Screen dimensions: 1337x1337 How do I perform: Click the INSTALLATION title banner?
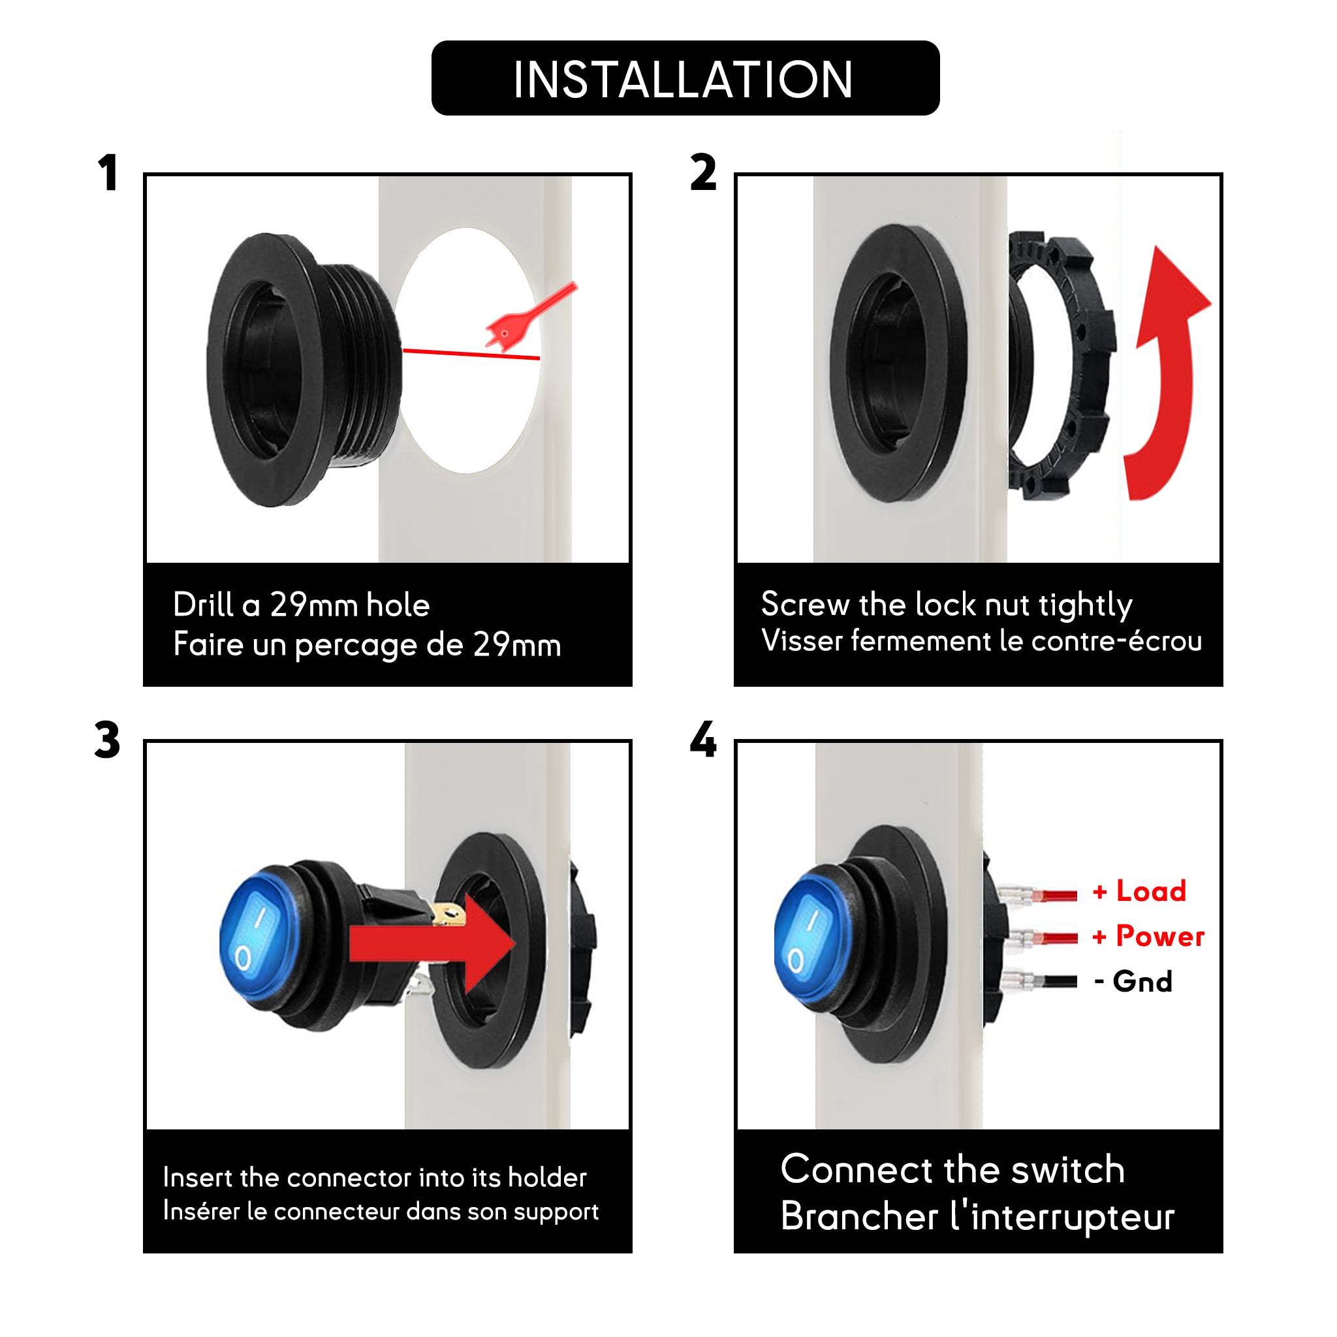tap(685, 78)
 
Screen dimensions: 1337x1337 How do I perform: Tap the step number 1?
tap(108, 172)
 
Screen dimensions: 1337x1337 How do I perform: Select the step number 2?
tap(703, 172)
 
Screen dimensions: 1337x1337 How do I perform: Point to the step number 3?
tap(107, 740)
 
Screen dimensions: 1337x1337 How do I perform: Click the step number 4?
tap(703, 740)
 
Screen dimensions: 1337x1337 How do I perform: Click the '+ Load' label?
tap(1139, 890)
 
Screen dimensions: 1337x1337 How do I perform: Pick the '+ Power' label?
tap(1148, 936)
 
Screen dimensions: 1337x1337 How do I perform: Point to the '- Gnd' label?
tap(1133, 981)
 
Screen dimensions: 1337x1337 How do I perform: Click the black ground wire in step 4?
tap(1055, 981)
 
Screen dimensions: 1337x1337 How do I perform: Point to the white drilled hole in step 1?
tap(468, 350)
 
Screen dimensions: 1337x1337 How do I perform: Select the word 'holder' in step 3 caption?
tap(546, 1177)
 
